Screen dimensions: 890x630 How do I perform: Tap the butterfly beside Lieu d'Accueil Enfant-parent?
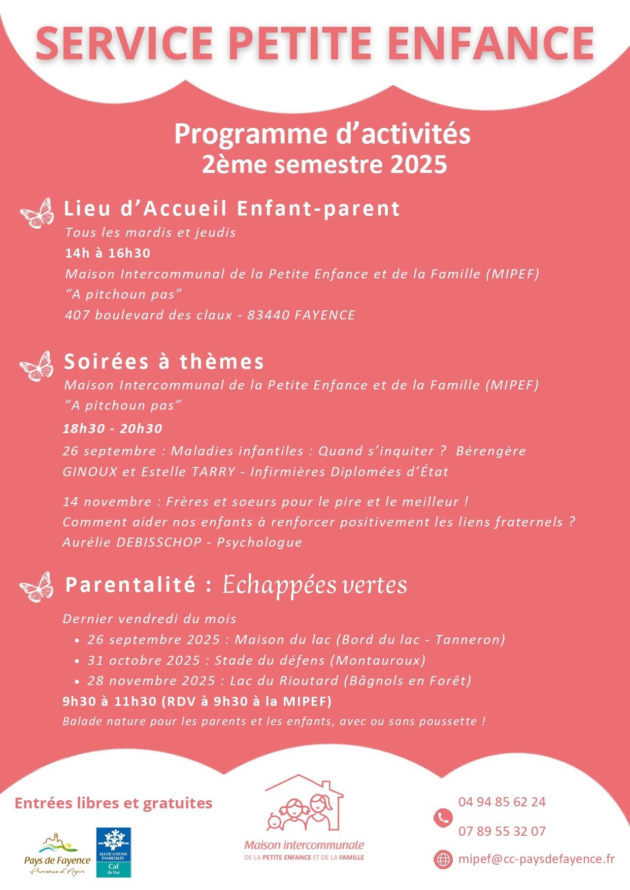37,213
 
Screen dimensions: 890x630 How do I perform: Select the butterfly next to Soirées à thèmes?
36,366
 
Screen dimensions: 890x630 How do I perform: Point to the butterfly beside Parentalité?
36,587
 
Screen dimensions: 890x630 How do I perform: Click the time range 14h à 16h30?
108,253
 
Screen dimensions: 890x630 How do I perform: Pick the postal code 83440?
264,315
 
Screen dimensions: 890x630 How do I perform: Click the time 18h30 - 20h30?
112,429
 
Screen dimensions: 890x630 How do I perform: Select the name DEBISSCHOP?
159,542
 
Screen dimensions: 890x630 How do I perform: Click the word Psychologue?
259,542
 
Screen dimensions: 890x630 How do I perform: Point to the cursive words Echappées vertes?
315,585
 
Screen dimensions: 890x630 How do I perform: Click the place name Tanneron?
470,639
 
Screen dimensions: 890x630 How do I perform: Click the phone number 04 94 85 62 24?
502,802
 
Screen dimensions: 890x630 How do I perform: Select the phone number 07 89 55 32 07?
502,831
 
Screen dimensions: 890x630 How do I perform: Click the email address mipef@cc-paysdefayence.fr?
536,859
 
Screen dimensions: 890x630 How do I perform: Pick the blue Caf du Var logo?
114,852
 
